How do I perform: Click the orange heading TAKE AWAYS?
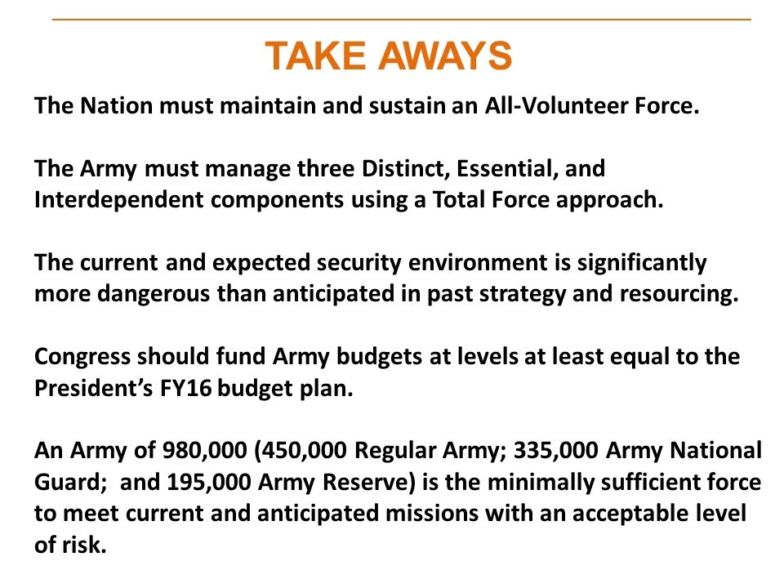(389, 56)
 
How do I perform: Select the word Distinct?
(388, 170)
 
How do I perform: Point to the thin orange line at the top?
(401, 19)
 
